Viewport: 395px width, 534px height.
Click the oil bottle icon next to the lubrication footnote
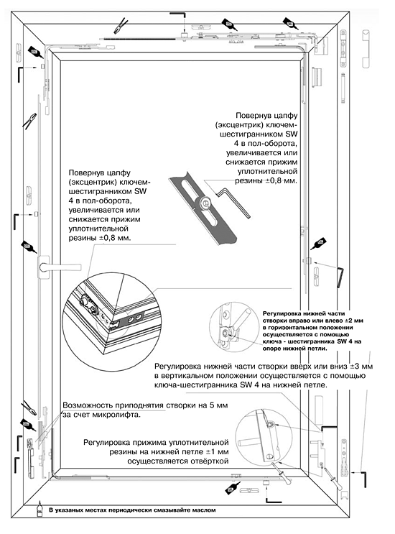pyautogui.click(x=39, y=511)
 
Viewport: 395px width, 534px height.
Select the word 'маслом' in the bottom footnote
pyautogui.click(x=200, y=511)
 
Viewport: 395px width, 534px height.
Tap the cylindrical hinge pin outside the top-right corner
pyautogui.click(x=366, y=47)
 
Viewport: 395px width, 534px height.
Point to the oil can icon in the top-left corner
pyautogui.click(x=34, y=51)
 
